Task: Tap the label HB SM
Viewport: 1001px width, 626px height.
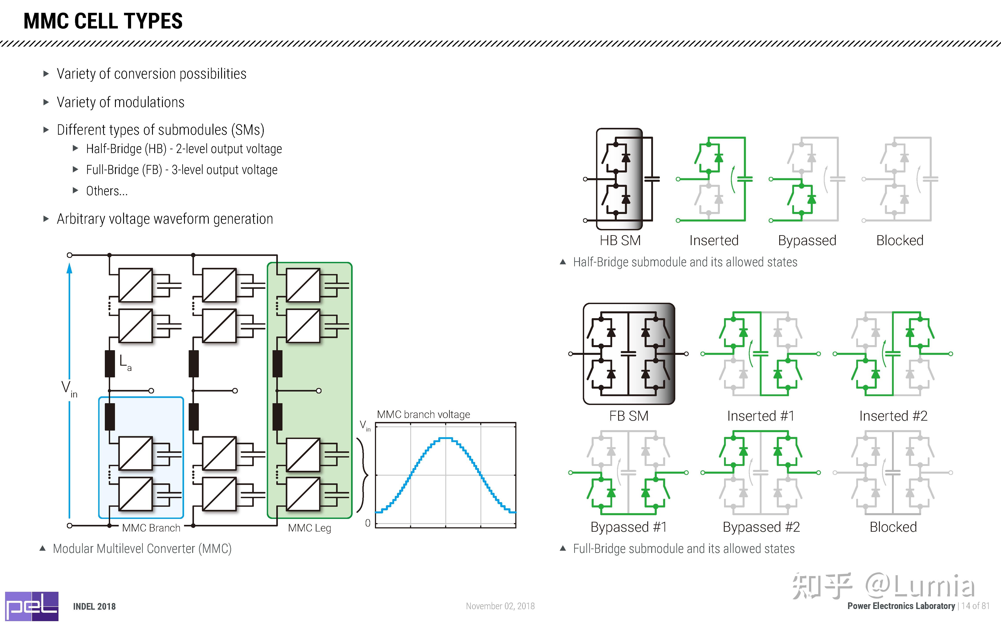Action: (x=620, y=240)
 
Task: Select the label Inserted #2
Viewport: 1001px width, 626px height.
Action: (x=893, y=416)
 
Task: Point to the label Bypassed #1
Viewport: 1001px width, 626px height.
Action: (x=628, y=527)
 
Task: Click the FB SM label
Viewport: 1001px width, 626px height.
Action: (x=628, y=416)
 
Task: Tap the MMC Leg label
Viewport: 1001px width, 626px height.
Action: (x=309, y=528)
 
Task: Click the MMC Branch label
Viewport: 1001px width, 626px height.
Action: (x=151, y=528)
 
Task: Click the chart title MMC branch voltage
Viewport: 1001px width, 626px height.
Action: (x=423, y=414)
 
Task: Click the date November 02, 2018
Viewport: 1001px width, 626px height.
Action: (x=500, y=606)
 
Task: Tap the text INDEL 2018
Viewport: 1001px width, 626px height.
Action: (x=94, y=607)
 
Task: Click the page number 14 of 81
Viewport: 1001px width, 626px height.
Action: (x=975, y=606)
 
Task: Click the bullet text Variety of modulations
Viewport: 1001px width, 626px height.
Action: (x=120, y=102)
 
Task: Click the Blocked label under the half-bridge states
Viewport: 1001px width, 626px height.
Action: (x=900, y=240)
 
